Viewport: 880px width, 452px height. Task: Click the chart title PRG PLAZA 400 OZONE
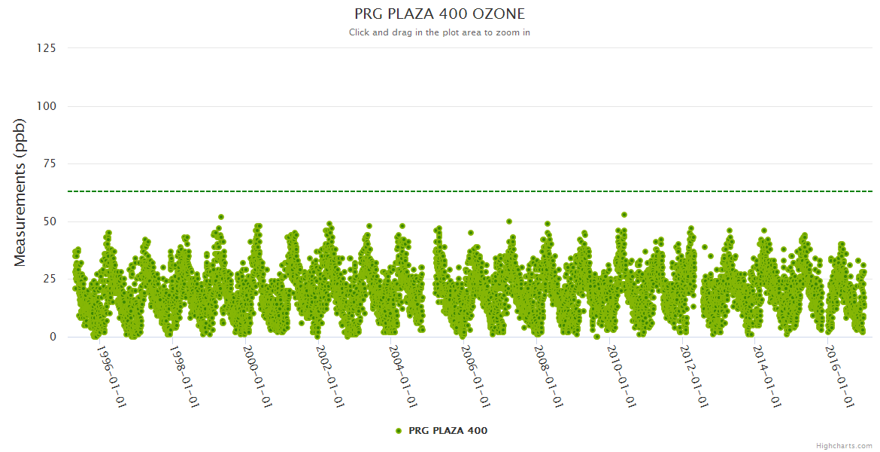pos(439,14)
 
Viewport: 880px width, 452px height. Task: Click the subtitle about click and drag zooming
pos(439,32)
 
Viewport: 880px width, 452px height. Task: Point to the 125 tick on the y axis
pos(47,48)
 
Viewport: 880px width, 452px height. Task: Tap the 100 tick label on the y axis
pos(47,106)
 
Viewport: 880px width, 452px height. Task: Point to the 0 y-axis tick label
pos(53,337)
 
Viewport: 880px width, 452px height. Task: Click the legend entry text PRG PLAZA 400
pos(448,431)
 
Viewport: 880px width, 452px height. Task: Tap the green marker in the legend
pos(399,431)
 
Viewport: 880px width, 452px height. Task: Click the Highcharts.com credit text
pos(844,445)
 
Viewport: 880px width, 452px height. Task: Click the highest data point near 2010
pos(624,215)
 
